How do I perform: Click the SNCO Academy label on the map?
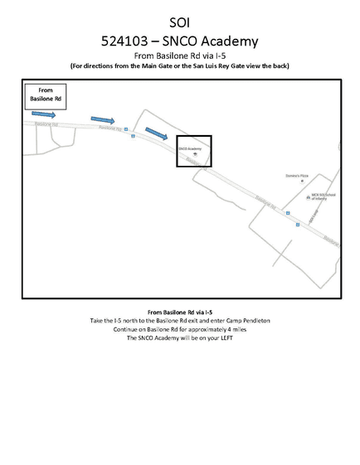190,148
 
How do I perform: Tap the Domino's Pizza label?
297,177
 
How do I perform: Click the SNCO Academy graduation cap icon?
194,154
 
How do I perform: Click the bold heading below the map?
180,311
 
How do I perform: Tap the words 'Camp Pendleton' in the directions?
246,320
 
